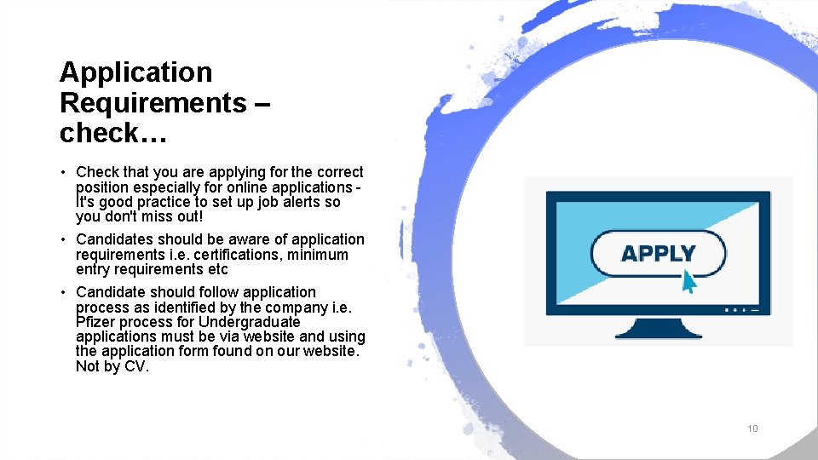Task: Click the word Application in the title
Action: coord(135,73)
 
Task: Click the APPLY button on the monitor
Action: coord(658,254)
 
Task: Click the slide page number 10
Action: coord(752,428)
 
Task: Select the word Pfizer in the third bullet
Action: coord(95,322)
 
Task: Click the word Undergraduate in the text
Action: coord(250,322)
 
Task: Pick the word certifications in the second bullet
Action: coord(239,255)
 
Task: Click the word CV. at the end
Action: coord(136,367)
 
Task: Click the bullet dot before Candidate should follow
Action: coord(64,293)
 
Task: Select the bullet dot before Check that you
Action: coord(64,173)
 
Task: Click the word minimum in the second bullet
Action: coord(319,255)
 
